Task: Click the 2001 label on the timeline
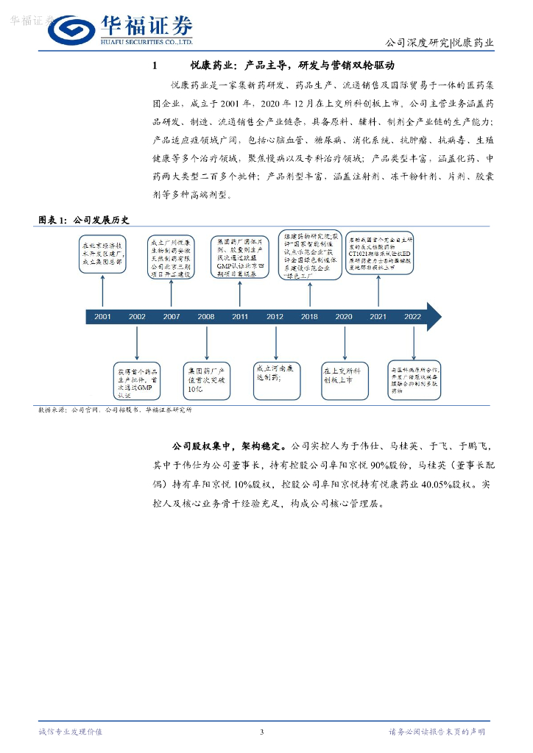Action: pos(102,316)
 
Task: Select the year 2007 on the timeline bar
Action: pos(171,316)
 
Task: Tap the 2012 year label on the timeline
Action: pos(275,316)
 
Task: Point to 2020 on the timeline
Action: pos(343,316)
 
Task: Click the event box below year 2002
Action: pos(137,380)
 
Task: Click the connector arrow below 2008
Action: pos(206,341)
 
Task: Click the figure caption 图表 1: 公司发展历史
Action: pos(74,219)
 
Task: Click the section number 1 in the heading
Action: pos(155,66)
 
